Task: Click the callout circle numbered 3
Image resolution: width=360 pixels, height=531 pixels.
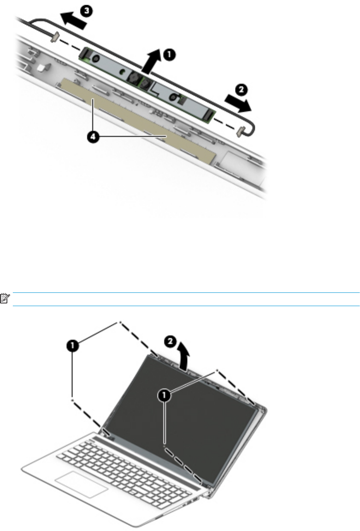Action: tap(86, 12)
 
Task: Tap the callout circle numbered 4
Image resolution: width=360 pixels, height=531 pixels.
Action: tap(93, 137)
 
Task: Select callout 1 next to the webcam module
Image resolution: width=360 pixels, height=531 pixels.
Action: tap(169, 55)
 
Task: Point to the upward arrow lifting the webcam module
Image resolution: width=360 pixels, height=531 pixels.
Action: tap(151, 61)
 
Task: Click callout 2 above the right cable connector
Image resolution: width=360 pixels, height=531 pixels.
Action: tap(241, 90)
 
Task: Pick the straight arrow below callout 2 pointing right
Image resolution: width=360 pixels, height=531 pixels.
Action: tap(238, 103)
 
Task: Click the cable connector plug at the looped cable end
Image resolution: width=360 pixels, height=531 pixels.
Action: tap(240, 132)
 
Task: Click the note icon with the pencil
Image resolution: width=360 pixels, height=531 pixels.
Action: tap(5, 298)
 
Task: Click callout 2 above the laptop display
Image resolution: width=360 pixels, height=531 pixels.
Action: tap(170, 342)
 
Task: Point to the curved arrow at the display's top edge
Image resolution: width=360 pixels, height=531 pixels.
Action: tap(183, 356)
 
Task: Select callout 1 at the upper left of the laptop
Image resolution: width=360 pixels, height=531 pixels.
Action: tap(73, 345)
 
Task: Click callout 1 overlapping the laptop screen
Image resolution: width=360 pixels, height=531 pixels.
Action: tap(164, 395)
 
